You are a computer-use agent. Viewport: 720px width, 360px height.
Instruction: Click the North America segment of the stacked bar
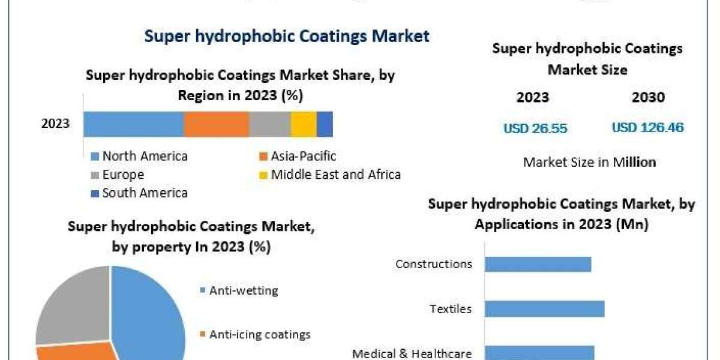point(133,124)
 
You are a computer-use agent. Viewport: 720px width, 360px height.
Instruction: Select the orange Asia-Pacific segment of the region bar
point(216,124)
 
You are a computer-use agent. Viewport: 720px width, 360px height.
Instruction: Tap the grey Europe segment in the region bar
point(269,124)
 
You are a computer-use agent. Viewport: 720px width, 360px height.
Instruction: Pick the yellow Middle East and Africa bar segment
point(304,124)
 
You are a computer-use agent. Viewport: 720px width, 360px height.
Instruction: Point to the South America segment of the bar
point(325,124)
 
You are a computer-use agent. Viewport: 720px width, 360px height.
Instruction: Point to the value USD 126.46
point(648,128)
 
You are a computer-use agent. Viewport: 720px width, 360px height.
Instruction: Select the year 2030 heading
point(648,97)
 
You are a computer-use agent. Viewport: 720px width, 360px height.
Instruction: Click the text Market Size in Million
point(589,162)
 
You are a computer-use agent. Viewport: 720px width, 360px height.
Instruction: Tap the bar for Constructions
point(538,264)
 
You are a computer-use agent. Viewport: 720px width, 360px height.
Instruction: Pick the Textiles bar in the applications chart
point(544,309)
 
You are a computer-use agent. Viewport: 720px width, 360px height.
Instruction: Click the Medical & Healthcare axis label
point(412,353)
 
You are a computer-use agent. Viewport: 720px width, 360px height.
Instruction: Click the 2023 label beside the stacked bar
point(55,124)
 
